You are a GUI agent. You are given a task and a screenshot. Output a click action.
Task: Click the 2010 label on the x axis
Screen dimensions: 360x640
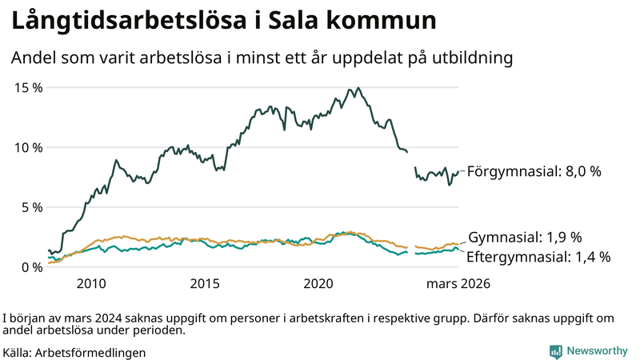pos(91,283)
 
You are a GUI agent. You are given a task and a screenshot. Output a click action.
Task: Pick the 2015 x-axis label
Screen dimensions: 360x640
pos(205,283)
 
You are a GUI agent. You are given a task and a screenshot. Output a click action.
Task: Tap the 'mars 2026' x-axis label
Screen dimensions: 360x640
pos(458,283)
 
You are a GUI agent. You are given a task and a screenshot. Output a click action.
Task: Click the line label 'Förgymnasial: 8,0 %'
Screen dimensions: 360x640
pos(534,171)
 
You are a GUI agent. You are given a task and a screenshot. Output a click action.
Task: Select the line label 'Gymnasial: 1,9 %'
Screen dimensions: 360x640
pos(524,238)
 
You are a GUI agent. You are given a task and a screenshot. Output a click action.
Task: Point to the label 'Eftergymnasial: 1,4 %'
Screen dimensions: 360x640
pos(538,257)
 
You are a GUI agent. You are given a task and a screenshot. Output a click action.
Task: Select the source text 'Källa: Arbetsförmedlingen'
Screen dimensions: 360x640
pos(74,352)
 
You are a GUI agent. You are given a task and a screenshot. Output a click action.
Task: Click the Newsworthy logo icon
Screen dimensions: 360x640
pos(555,350)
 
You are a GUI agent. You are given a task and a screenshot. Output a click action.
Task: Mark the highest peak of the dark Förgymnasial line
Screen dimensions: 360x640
pos(358,88)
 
